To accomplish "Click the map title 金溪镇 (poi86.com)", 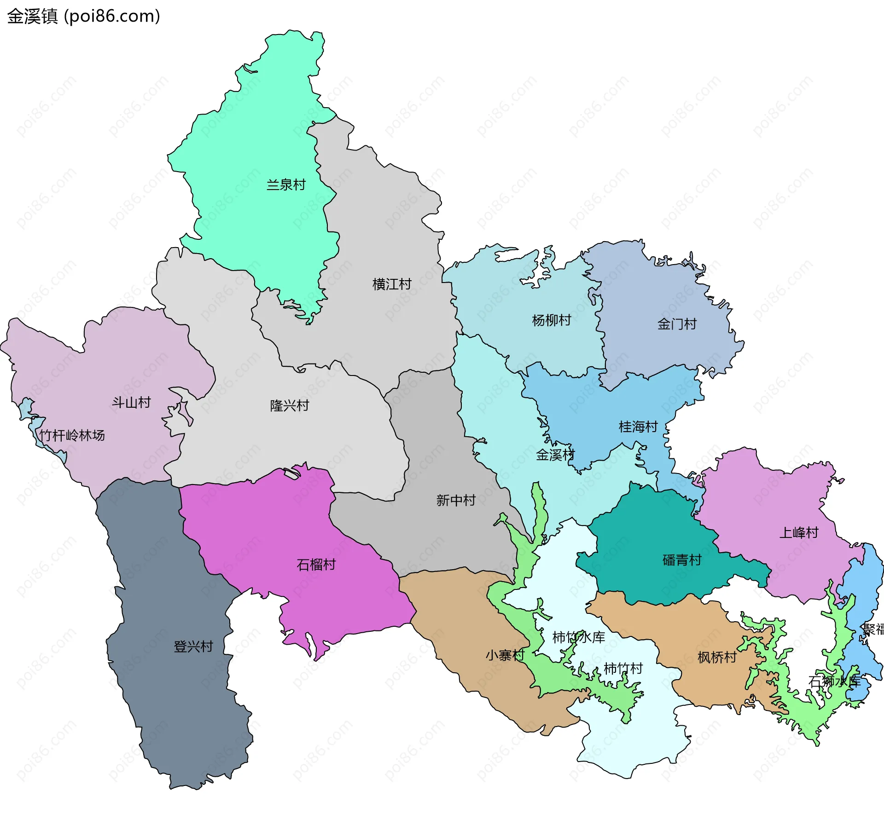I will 83,16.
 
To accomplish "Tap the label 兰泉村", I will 286,185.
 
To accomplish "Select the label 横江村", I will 392,284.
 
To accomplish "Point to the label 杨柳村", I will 551,320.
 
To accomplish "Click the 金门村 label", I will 677,324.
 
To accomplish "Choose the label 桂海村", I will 638,427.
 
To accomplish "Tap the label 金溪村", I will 555,455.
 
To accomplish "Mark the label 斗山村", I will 131,402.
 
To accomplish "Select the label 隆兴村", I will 289,405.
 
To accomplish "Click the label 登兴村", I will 193,647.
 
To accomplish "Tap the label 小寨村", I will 505,655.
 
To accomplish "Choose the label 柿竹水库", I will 578,637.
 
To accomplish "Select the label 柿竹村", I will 623,668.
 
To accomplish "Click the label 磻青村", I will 682,560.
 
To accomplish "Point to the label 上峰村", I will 799,532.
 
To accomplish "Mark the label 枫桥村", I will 717,657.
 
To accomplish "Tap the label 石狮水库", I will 834,681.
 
